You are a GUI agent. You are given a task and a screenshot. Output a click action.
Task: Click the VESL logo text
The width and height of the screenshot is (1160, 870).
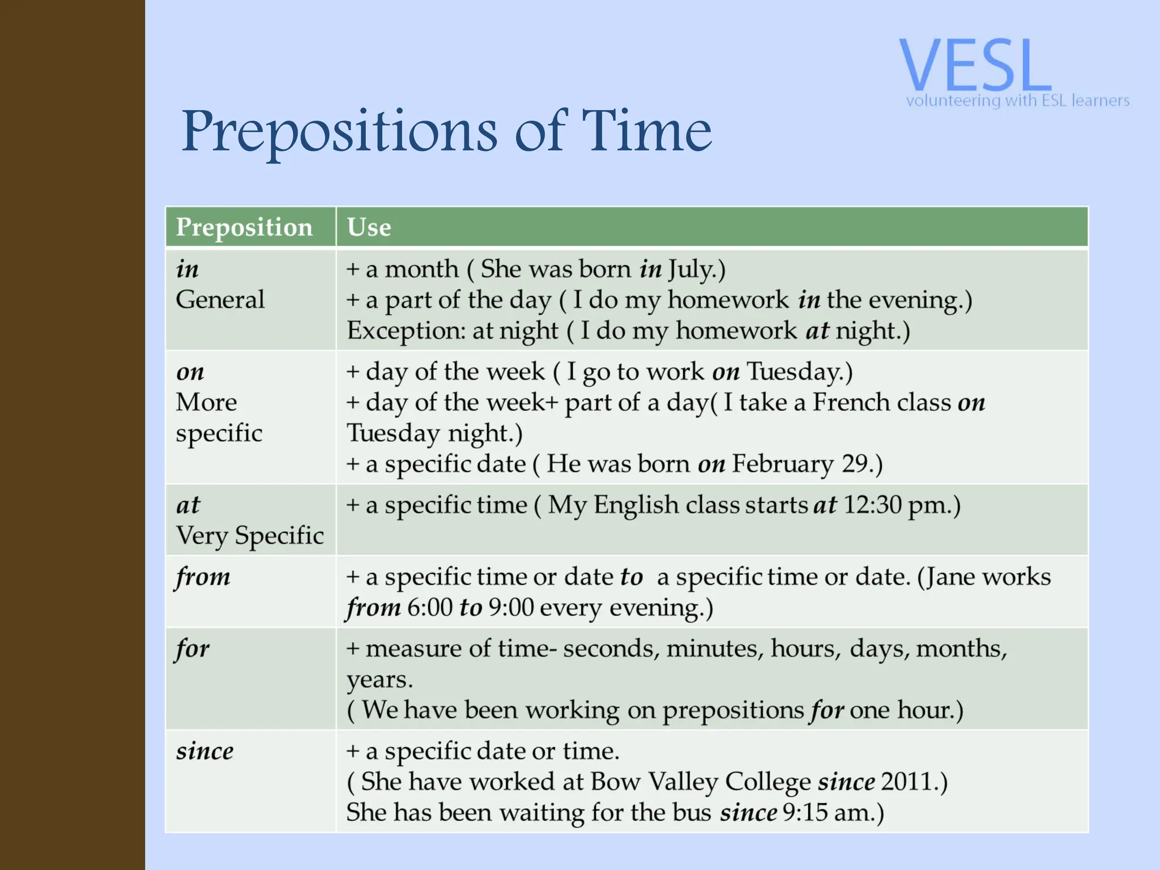coord(975,65)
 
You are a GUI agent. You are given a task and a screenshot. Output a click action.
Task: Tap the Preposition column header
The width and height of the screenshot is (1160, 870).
coord(244,227)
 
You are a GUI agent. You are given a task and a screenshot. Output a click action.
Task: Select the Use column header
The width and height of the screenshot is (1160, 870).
coord(369,227)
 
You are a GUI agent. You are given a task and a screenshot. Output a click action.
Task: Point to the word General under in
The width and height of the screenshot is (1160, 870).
coord(220,300)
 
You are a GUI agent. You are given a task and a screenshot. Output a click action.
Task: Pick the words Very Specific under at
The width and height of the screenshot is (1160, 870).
coord(250,536)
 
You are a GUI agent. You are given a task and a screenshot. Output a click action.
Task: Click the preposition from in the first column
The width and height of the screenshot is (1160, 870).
coord(203,577)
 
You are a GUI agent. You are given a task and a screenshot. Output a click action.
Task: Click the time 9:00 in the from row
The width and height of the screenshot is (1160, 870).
coord(511,608)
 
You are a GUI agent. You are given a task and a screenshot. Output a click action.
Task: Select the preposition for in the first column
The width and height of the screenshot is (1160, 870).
coord(193,649)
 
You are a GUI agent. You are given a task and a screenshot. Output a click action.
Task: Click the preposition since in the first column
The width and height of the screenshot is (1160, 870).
coord(204,752)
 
